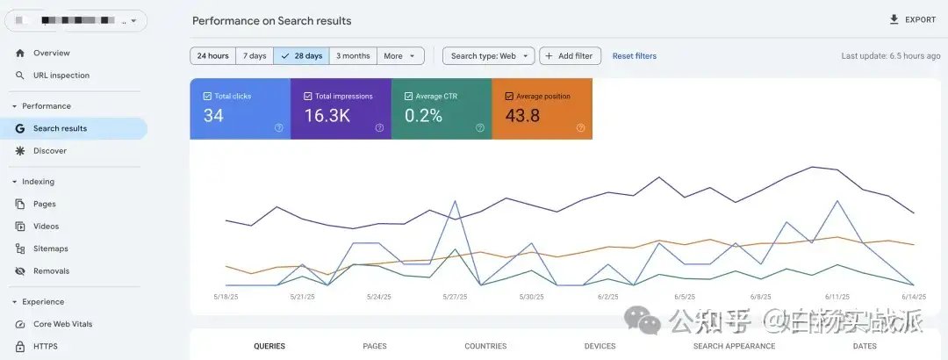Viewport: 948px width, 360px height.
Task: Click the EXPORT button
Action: click(x=913, y=19)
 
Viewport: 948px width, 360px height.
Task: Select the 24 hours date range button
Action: click(x=213, y=56)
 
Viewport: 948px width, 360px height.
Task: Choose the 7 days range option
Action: click(x=255, y=56)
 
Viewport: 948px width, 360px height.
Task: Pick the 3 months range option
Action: click(x=353, y=56)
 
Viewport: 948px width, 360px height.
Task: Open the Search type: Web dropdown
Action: click(x=488, y=56)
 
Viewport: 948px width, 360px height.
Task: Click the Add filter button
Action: click(x=570, y=56)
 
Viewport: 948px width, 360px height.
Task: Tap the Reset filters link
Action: click(x=634, y=56)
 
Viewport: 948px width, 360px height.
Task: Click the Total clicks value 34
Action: click(x=213, y=116)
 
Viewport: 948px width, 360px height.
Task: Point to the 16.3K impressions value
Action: click(x=327, y=116)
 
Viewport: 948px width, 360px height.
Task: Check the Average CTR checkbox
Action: click(x=408, y=97)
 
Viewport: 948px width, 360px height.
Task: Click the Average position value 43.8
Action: click(x=522, y=116)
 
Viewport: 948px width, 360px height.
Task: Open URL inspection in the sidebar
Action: click(x=61, y=76)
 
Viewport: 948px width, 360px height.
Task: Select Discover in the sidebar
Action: click(x=50, y=151)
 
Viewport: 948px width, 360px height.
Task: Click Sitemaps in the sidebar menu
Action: click(x=51, y=248)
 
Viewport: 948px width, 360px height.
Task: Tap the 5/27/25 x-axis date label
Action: click(x=456, y=297)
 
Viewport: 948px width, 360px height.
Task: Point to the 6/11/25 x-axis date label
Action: click(x=838, y=297)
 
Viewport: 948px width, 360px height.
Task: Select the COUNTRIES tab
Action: click(x=485, y=346)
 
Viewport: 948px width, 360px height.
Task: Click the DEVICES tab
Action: click(x=600, y=346)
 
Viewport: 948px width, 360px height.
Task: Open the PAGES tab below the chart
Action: click(x=375, y=346)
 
